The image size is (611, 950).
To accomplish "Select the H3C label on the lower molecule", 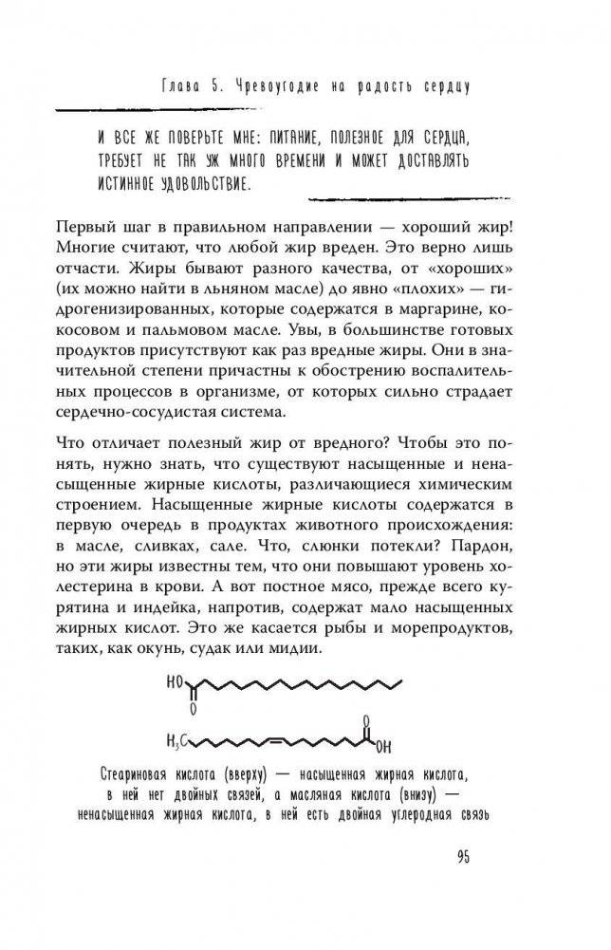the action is [x=178, y=739].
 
